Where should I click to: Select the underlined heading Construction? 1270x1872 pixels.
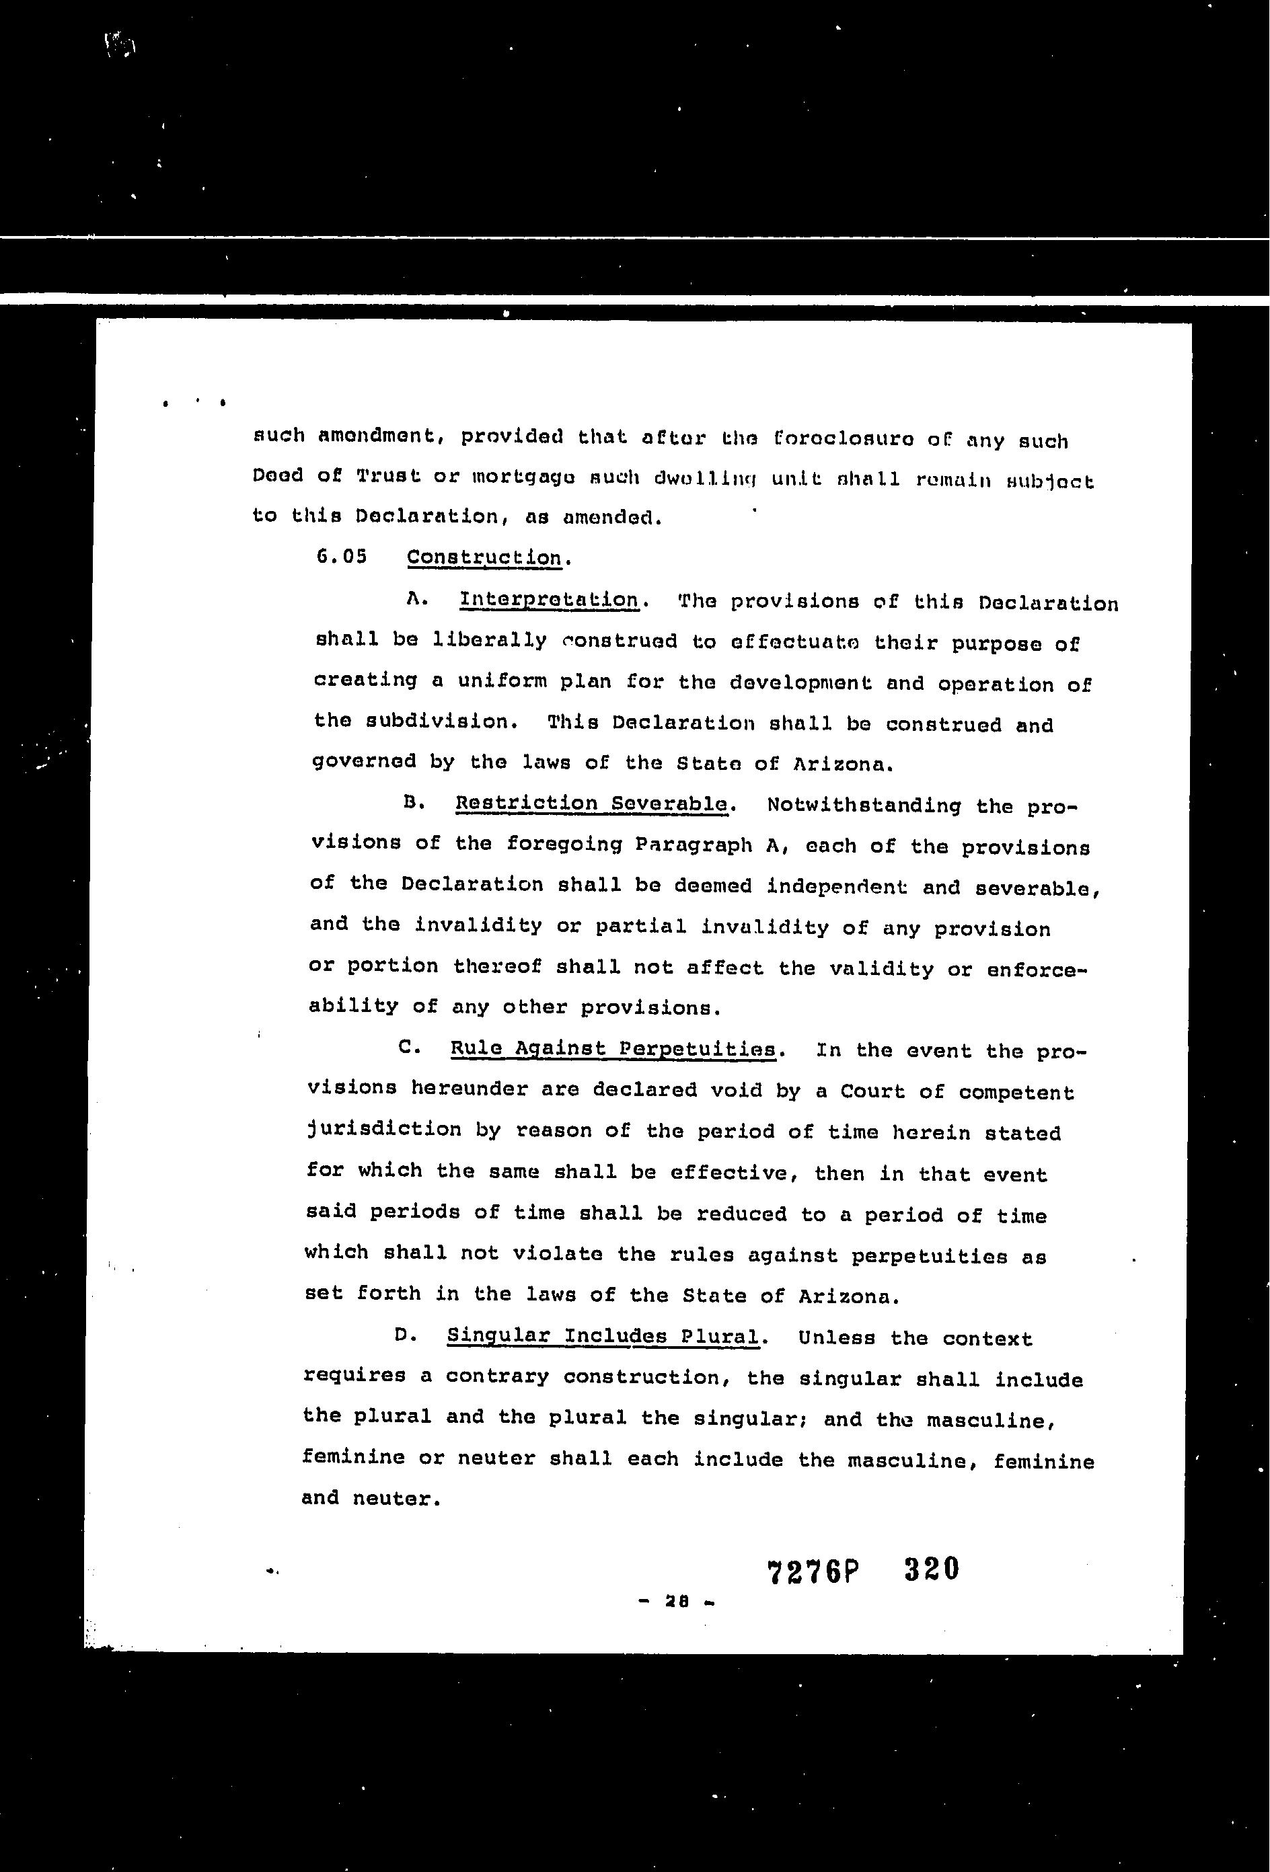point(484,557)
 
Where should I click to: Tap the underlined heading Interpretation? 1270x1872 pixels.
point(548,600)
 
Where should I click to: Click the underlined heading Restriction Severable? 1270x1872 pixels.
point(591,804)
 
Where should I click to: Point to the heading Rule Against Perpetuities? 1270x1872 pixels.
point(612,1049)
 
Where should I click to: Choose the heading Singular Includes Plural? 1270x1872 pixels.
point(603,1335)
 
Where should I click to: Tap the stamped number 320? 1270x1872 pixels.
point(932,1569)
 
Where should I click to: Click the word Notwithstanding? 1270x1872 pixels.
point(864,806)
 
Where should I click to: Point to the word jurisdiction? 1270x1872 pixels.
point(383,1130)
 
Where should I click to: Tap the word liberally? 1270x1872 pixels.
point(489,640)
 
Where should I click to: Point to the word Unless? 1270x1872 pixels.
point(836,1338)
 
